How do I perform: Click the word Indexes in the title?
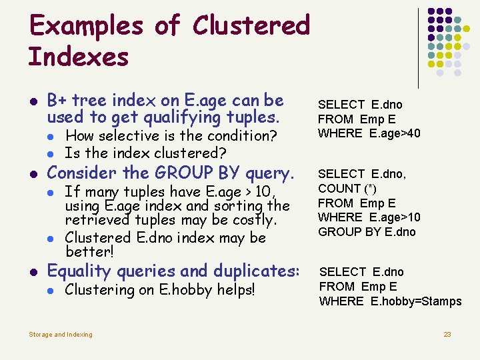click(x=79, y=57)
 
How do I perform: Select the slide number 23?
click(x=447, y=334)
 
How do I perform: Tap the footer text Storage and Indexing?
click(x=61, y=334)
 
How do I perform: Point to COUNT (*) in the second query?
click(x=339, y=189)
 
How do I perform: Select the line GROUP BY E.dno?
click(x=367, y=232)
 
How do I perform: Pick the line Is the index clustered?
click(x=145, y=153)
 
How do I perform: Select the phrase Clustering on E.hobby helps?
click(x=160, y=290)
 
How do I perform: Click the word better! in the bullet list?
click(x=90, y=252)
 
